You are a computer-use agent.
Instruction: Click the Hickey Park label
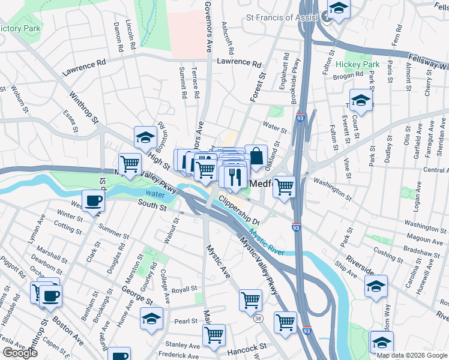tap(358, 64)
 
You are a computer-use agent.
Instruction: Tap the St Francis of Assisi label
tap(282, 17)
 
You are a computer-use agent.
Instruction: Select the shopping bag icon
tap(256, 157)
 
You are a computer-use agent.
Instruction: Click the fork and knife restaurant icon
tap(234, 177)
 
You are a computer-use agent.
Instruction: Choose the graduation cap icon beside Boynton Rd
tap(145, 139)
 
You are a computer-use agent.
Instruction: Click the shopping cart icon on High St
tap(129, 164)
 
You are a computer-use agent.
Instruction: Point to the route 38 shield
tap(258, 317)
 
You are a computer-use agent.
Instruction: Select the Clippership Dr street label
tap(238, 211)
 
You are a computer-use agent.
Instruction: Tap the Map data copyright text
tap(412, 355)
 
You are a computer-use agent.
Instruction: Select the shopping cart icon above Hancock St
tap(214, 335)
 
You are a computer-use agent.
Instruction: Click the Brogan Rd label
tap(351, 75)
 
